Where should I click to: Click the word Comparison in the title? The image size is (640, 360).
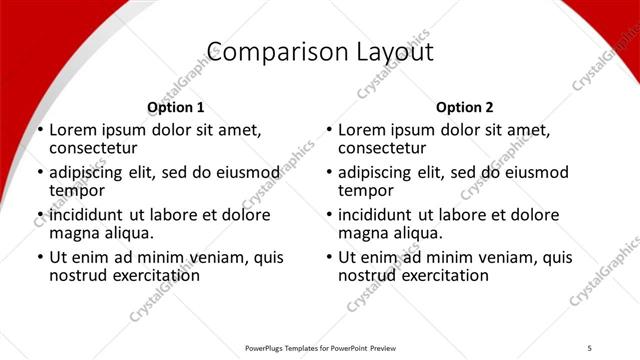[260, 51]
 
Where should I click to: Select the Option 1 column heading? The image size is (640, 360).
[175, 107]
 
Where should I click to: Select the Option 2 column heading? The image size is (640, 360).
[465, 107]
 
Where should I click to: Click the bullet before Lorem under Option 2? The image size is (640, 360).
[329, 131]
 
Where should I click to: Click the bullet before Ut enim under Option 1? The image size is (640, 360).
[40, 257]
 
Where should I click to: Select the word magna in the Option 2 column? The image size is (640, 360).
[362, 233]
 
